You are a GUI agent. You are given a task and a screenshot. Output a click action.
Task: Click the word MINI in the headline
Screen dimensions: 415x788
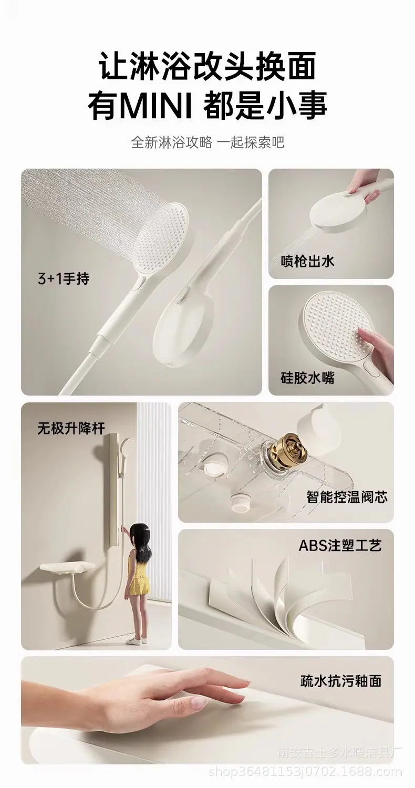click(x=157, y=105)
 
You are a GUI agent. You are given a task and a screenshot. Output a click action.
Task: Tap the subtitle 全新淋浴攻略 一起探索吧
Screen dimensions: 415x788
click(x=207, y=143)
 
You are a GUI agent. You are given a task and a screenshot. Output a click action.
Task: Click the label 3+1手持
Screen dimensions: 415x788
click(x=64, y=278)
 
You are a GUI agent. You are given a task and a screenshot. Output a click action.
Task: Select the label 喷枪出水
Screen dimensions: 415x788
click(x=307, y=262)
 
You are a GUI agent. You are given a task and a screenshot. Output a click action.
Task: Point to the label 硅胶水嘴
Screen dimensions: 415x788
click(x=307, y=378)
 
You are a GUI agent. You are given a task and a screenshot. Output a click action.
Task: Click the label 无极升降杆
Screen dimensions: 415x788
click(x=71, y=428)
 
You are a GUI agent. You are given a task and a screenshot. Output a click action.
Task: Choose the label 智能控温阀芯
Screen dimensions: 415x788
click(x=347, y=497)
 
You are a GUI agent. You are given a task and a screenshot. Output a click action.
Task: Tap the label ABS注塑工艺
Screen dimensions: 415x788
click(x=340, y=546)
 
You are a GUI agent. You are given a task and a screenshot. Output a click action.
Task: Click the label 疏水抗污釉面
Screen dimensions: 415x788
click(x=341, y=681)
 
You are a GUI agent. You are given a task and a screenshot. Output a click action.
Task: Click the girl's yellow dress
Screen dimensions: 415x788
click(x=138, y=577)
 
